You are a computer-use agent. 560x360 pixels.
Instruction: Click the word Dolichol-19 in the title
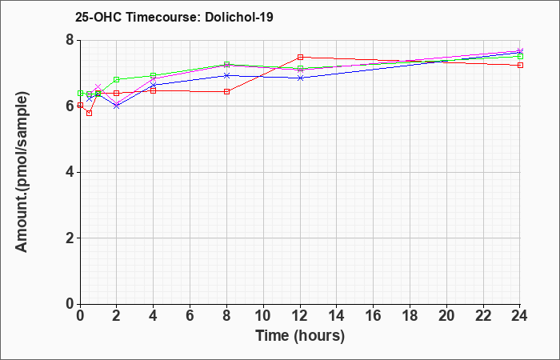point(239,17)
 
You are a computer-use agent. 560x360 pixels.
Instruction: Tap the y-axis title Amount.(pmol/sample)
point(22,172)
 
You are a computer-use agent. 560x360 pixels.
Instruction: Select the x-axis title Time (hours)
point(300,336)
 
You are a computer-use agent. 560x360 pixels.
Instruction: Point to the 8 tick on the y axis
point(70,40)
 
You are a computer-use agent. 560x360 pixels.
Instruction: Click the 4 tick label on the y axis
point(70,172)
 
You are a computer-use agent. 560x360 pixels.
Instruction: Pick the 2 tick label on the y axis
point(70,238)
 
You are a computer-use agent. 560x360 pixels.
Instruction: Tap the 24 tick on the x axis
point(520,315)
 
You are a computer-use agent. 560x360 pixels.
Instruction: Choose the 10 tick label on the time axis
point(263,315)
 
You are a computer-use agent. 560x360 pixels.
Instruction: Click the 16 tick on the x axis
point(374,315)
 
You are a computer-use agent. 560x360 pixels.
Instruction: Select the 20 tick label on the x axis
point(446,315)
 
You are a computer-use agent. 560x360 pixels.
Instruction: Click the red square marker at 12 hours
point(300,57)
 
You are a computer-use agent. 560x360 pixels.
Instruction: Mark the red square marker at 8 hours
point(226,92)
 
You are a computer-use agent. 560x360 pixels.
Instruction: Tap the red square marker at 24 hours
point(520,66)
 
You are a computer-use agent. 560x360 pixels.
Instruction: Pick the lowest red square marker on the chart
point(90,114)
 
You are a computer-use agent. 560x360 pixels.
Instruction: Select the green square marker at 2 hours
point(117,79)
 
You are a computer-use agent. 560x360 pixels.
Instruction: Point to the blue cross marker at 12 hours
point(300,78)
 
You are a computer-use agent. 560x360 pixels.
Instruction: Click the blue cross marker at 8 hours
point(226,76)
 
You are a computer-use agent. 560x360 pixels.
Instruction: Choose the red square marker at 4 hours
point(154,91)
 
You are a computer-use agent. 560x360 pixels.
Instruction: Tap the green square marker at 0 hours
point(80,94)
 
